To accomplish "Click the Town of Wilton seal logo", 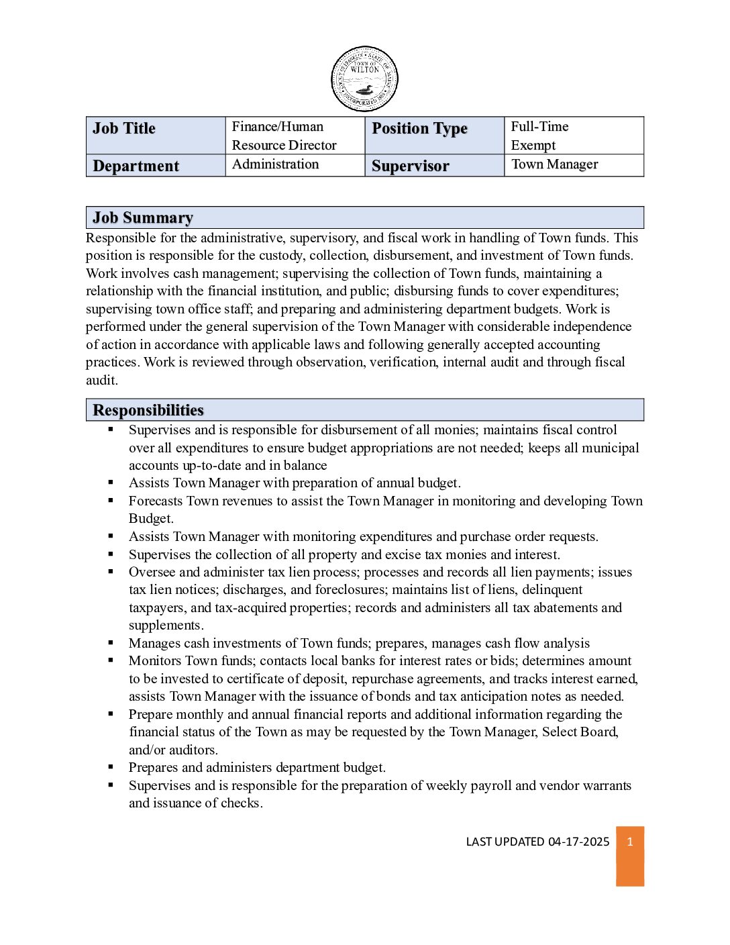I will pyautogui.click(x=364, y=79).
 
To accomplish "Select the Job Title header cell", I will pyautogui.click(x=156, y=135).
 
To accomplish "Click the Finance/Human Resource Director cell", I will pyautogui.click(x=295, y=136).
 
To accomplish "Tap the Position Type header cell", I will pyautogui.click(x=434, y=135).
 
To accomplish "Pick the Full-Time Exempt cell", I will pyautogui.click(x=574, y=136).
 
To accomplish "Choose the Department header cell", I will pyautogui.click(x=156, y=166).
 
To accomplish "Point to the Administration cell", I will pyautogui.click(x=295, y=164).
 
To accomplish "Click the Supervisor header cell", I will pyautogui.click(x=434, y=166).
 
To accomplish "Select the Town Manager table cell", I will pyautogui.click(x=574, y=164).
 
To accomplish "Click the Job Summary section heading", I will pyautogui.click(x=143, y=217).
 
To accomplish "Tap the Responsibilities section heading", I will pyautogui.click(x=148, y=410).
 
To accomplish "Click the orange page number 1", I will pyautogui.click(x=630, y=842).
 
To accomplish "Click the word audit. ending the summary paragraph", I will pyautogui.click(x=102, y=381).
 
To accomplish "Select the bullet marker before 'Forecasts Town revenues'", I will pyautogui.click(x=111, y=500).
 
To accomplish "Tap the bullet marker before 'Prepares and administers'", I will pyautogui.click(x=111, y=766).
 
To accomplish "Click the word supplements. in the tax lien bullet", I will pyautogui.click(x=166, y=626).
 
